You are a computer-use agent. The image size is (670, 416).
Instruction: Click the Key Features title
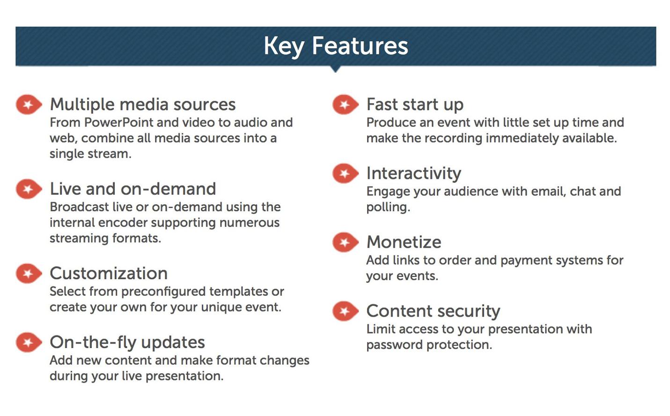click(x=336, y=46)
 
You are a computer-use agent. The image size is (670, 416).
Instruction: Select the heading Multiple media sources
click(x=143, y=104)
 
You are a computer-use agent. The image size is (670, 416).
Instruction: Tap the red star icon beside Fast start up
click(x=346, y=104)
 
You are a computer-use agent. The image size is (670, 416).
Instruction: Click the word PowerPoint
click(x=119, y=122)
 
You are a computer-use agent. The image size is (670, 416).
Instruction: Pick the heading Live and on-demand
click(x=133, y=189)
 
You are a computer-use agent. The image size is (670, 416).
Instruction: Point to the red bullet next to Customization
click(x=29, y=273)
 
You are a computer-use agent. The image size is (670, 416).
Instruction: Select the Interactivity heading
click(x=414, y=173)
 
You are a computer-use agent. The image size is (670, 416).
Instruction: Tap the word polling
click(x=388, y=208)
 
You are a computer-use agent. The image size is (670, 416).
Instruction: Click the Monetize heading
click(x=404, y=242)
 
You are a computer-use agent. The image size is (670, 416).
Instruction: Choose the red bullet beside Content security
click(x=346, y=311)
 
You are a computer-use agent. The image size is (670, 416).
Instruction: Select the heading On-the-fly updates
click(x=127, y=342)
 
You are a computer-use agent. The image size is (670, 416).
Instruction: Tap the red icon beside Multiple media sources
click(x=29, y=104)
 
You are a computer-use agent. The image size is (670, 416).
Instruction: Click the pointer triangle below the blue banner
click(x=336, y=69)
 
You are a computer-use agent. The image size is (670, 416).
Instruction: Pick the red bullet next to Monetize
click(x=346, y=242)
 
